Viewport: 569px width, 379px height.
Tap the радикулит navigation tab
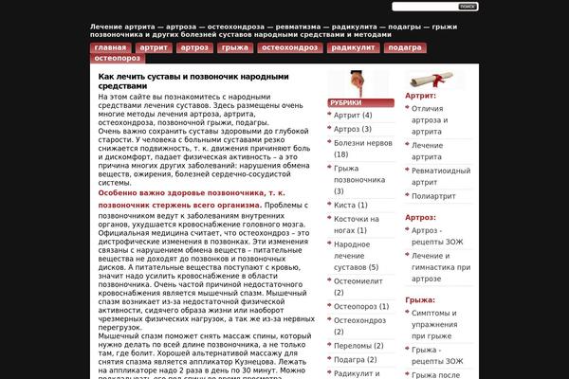(x=353, y=47)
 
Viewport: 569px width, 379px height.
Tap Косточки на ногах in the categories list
(x=356, y=224)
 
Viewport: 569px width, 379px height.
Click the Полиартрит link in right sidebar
(x=433, y=195)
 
